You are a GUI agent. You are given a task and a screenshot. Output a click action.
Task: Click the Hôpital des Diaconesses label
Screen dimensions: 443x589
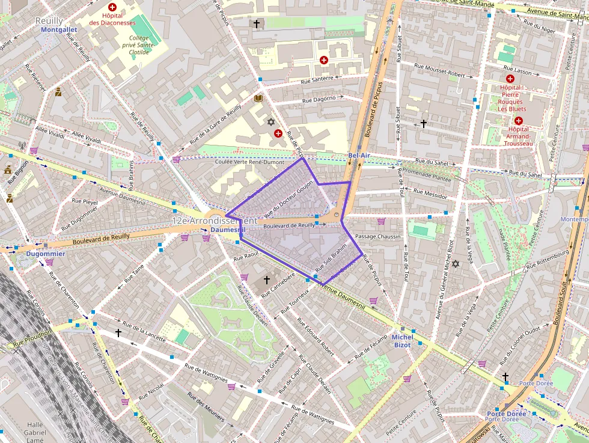click(x=112, y=19)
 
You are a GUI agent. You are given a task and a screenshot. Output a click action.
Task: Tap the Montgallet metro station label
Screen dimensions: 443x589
click(x=60, y=29)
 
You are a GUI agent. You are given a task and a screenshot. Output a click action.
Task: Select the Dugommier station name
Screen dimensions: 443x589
click(x=41, y=254)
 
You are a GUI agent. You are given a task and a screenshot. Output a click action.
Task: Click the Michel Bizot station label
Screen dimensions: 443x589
click(x=402, y=341)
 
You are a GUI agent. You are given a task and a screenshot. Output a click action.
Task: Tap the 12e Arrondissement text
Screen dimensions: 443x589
click(x=215, y=221)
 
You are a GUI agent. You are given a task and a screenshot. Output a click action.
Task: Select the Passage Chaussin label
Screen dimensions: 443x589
click(x=377, y=236)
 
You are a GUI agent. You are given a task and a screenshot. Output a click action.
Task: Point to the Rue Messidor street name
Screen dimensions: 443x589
click(x=428, y=195)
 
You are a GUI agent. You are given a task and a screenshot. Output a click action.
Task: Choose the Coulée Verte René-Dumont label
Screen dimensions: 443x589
click(x=249, y=162)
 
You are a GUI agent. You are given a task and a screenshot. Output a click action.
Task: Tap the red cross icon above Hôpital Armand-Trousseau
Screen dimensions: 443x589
click(x=517, y=120)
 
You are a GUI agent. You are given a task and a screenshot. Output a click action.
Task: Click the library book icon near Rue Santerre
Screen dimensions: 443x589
click(x=259, y=98)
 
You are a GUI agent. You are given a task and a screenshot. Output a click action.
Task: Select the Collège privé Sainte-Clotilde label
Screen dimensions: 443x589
click(x=138, y=44)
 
